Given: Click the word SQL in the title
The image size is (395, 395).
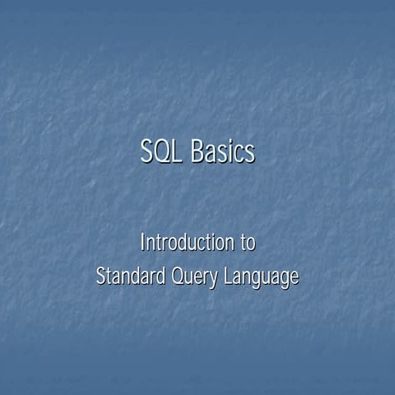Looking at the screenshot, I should (162, 153).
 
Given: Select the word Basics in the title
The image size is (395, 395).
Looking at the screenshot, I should (222, 153).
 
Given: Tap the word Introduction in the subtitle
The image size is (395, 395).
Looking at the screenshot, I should (186, 243).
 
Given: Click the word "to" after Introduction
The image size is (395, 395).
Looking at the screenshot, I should (247, 243).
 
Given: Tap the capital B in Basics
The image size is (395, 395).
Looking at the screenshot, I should (197, 153).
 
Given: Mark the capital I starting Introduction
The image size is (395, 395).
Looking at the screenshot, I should (142, 243).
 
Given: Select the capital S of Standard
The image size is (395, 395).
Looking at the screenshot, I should (100, 276).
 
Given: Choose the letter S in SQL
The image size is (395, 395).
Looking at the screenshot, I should (147, 153).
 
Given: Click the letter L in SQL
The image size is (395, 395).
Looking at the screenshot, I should (179, 153).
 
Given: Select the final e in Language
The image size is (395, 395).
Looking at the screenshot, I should (294, 279).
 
